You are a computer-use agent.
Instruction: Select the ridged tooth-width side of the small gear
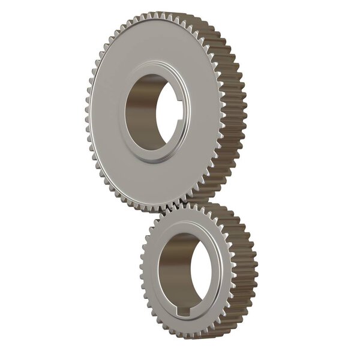243,270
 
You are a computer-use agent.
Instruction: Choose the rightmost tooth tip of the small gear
256,270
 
